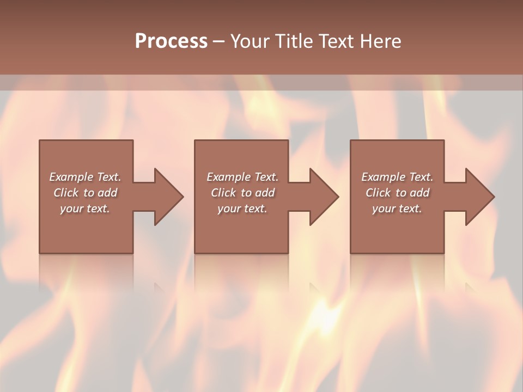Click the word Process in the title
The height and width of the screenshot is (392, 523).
point(171,41)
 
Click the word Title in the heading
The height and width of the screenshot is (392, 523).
point(295,41)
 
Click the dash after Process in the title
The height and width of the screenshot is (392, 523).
point(219,41)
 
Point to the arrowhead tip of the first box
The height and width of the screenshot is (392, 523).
point(183,197)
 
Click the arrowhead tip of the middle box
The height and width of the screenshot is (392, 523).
point(338,197)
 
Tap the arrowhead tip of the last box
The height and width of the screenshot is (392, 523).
point(494,197)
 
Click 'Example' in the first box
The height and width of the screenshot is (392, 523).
point(71,177)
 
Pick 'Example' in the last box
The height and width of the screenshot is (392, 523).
point(384,177)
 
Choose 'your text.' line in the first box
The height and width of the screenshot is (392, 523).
point(85,209)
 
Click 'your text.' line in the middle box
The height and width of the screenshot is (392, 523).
point(242,209)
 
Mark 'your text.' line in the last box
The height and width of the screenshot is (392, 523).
point(397,209)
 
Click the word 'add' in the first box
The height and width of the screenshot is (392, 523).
point(108,193)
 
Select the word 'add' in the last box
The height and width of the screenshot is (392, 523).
point(420,193)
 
